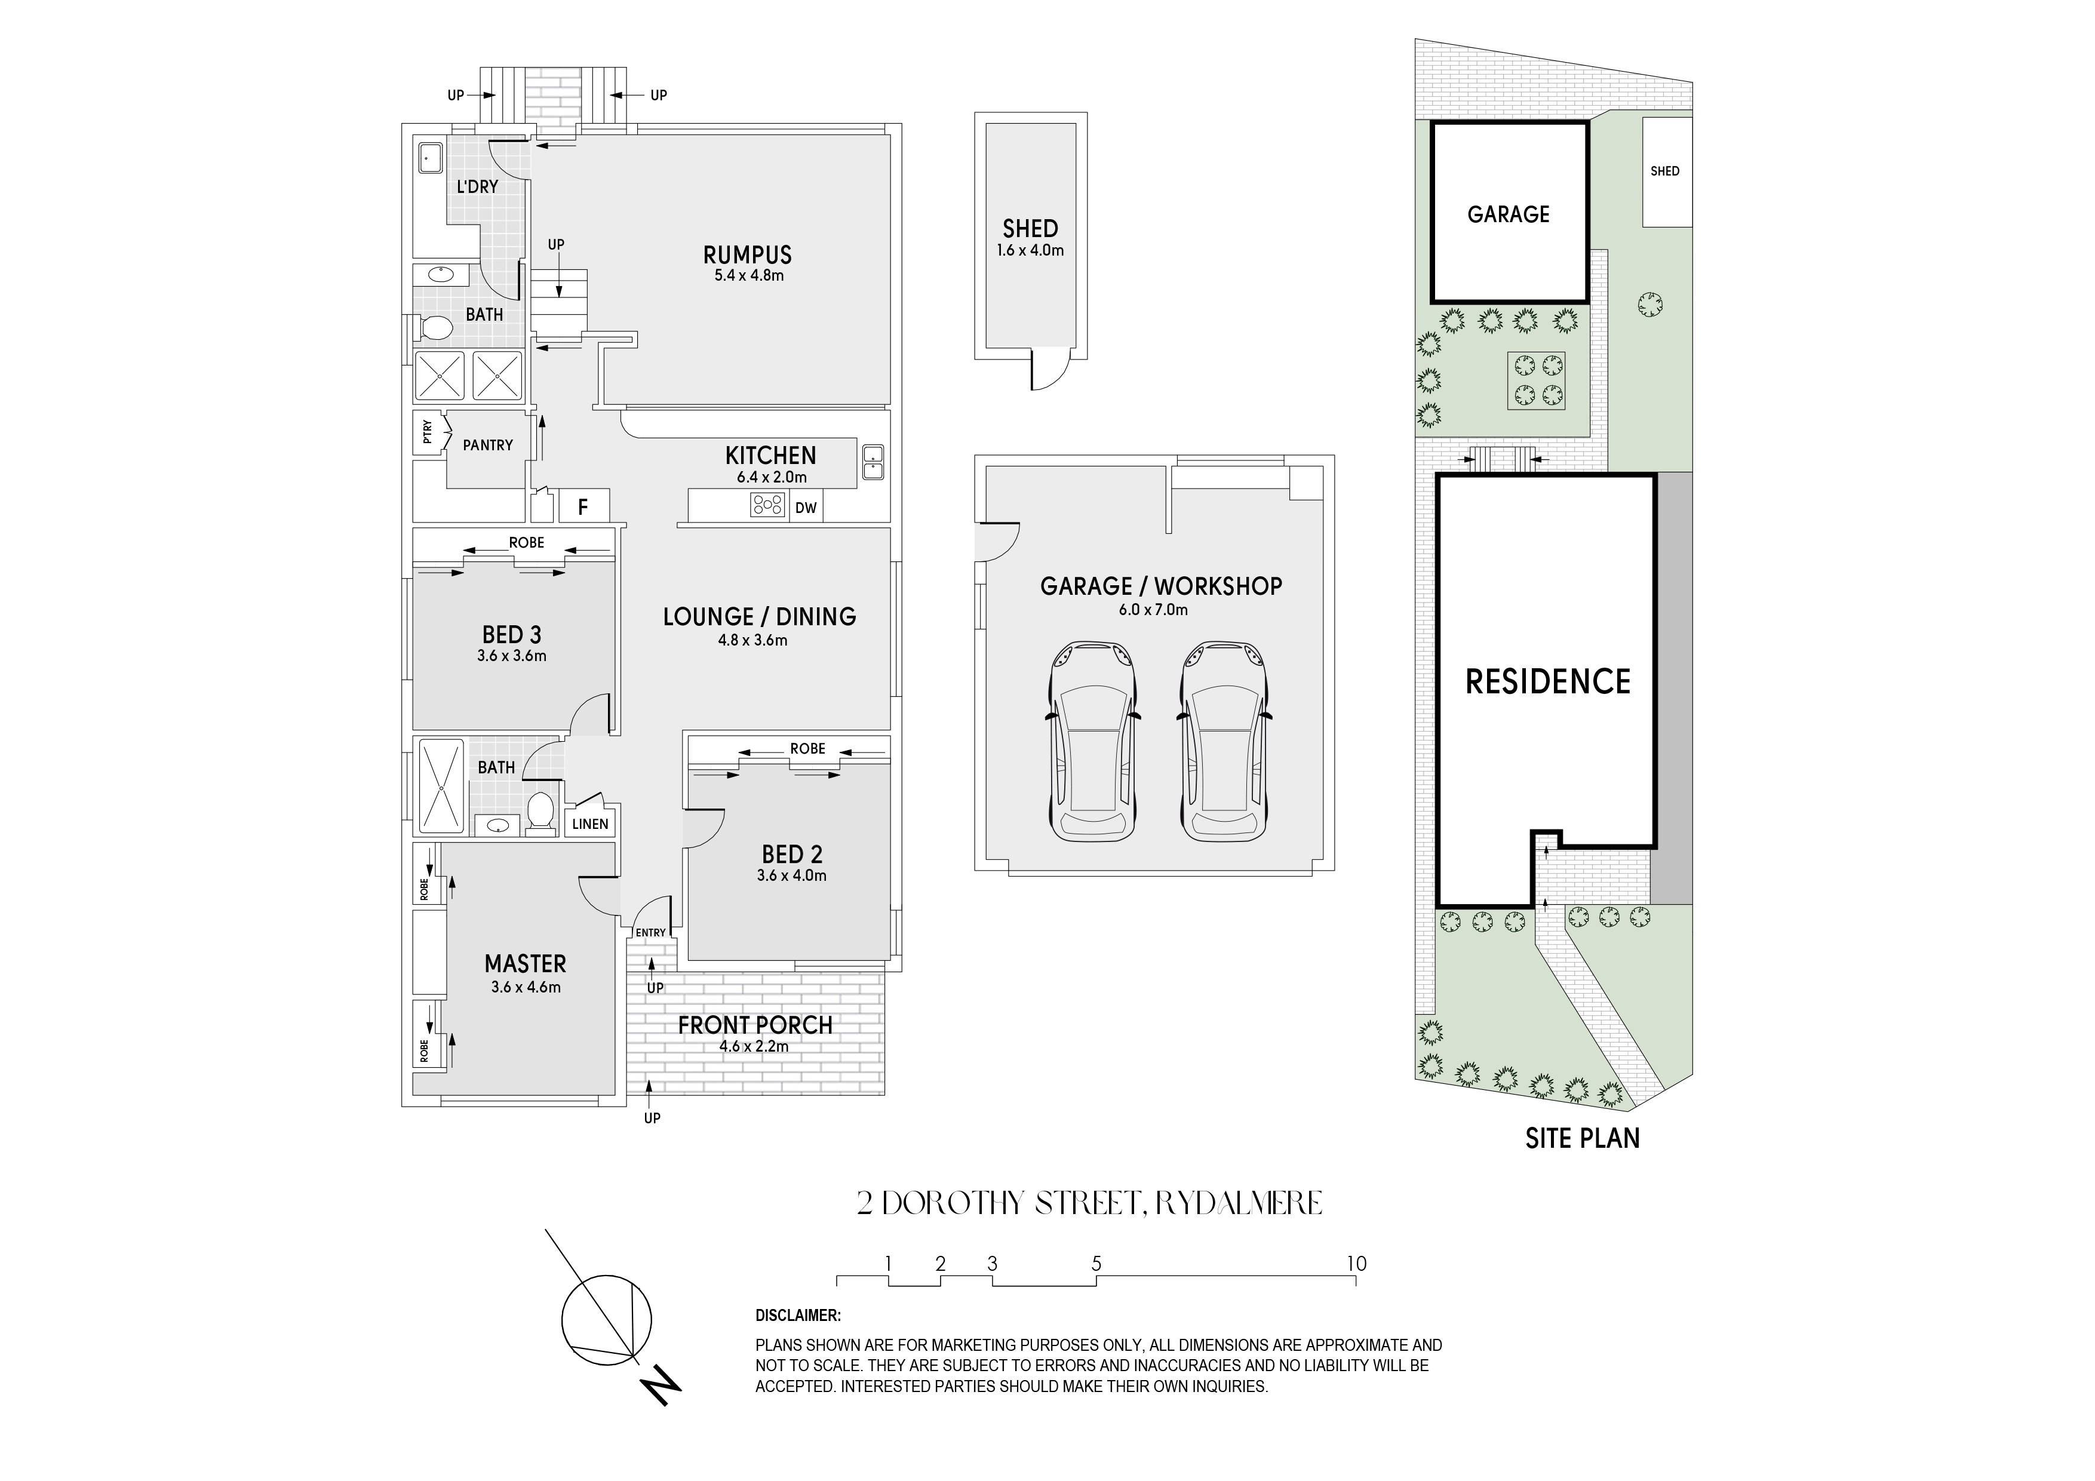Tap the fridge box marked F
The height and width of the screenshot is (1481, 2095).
pyautogui.click(x=583, y=506)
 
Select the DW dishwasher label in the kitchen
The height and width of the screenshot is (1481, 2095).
pyautogui.click(x=806, y=508)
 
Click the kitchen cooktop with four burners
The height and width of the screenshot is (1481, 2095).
pyautogui.click(x=768, y=505)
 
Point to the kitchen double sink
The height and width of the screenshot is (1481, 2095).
pyautogui.click(x=871, y=463)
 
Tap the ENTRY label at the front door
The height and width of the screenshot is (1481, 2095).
pyautogui.click(x=650, y=933)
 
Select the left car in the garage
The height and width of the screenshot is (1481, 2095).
pyautogui.click(x=1093, y=741)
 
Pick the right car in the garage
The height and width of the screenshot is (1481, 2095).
pyautogui.click(x=1224, y=741)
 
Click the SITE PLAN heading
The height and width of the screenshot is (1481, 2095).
pyautogui.click(x=1582, y=1138)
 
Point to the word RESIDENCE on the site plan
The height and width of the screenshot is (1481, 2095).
pyautogui.click(x=1547, y=681)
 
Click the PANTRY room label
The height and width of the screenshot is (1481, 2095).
pyautogui.click(x=487, y=445)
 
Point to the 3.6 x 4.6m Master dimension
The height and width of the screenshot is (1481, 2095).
pyautogui.click(x=526, y=987)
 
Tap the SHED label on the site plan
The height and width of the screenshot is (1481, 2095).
pyautogui.click(x=1664, y=171)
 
